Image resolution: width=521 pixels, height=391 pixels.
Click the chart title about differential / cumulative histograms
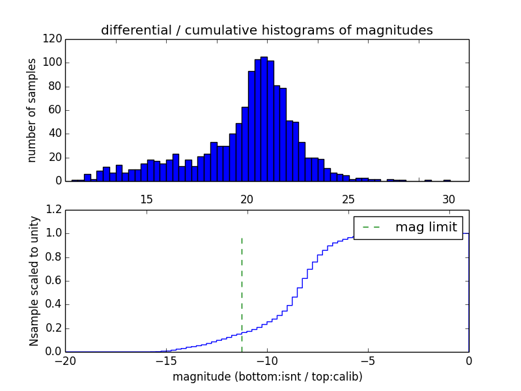click(266, 30)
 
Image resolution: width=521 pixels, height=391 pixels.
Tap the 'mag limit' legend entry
click(408, 227)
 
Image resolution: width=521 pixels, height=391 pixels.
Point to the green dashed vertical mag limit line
click(242, 293)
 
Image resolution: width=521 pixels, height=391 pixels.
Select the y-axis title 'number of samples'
click(31, 110)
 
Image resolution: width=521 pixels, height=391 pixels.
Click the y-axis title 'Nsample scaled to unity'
click(34, 280)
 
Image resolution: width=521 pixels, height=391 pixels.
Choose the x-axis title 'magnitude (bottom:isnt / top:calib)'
click(267, 377)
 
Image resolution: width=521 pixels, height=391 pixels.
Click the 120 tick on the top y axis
click(53, 39)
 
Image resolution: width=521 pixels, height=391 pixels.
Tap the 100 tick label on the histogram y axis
click(53, 63)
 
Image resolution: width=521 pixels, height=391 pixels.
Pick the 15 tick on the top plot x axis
click(146, 198)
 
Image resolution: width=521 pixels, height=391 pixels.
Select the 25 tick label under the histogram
click(348, 198)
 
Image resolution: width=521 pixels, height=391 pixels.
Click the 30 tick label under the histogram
click(448, 198)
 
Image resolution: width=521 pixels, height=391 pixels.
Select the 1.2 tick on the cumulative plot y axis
click(55, 210)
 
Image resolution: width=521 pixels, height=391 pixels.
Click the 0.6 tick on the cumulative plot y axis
click(55, 281)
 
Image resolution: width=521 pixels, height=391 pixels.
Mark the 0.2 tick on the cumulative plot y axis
click(55, 328)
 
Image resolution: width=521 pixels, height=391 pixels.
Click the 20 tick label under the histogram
click(247, 198)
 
